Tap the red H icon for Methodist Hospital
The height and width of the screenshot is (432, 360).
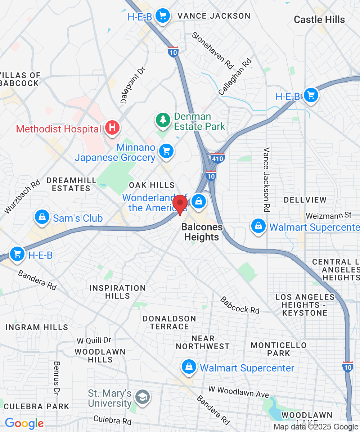pyautogui.click(x=112, y=127)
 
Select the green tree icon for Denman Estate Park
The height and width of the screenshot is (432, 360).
pyautogui.click(x=163, y=120)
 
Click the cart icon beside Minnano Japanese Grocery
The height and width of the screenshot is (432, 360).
pyautogui.click(x=166, y=151)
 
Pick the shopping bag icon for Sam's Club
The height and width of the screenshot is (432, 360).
pyautogui.click(x=42, y=217)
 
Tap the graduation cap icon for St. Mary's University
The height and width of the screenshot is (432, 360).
pyautogui.click(x=142, y=397)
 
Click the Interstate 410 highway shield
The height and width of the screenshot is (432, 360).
pyautogui.click(x=217, y=158)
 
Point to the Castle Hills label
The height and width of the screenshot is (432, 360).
pyautogui.click(x=319, y=19)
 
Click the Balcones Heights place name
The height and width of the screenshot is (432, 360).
pyautogui.click(x=202, y=232)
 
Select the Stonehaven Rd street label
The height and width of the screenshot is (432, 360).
pyautogui.click(x=213, y=50)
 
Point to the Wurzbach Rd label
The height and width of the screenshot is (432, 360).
pyautogui.click(x=22, y=196)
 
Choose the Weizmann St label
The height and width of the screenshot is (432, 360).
pyautogui.click(x=328, y=216)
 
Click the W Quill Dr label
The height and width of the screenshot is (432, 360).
pyautogui.click(x=94, y=340)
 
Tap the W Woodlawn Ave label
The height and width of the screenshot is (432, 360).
pyautogui.click(x=239, y=392)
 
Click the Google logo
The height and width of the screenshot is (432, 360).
pyautogui.click(x=24, y=423)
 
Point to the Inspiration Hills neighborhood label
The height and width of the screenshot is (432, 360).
pyautogui.click(x=117, y=292)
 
